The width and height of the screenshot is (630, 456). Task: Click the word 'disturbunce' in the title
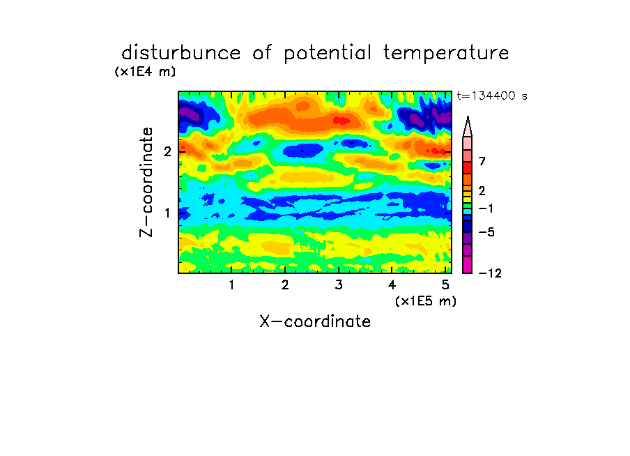[180, 53]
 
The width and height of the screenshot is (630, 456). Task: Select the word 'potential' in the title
[328, 54]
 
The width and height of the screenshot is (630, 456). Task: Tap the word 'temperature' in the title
[446, 54]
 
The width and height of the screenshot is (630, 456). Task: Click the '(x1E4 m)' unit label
[145, 72]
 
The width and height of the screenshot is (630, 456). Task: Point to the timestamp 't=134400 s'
[492, 96]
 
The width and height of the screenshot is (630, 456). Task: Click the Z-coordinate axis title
[146, 182]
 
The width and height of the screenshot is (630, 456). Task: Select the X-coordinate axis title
[315, 321]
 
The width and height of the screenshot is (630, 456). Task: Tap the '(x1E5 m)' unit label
[426, 301]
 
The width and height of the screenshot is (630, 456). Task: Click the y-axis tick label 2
[167, 151]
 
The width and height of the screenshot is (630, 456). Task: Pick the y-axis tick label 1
[167, 213]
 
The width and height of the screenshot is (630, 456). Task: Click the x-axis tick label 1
[231, 285]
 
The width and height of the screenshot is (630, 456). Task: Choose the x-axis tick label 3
[338, 285]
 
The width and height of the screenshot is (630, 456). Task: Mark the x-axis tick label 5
[445, 285]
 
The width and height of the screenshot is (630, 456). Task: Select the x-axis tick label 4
[392, 285]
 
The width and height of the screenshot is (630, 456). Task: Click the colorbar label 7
[482, 161]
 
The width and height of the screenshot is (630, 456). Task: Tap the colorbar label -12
[490, 273]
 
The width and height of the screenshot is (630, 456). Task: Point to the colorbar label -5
[486, 232]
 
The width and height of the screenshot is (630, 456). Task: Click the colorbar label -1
[486, 208]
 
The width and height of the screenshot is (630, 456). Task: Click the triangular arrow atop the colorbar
[468, 127]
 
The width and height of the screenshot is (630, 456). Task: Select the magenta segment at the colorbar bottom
[468, 265]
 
